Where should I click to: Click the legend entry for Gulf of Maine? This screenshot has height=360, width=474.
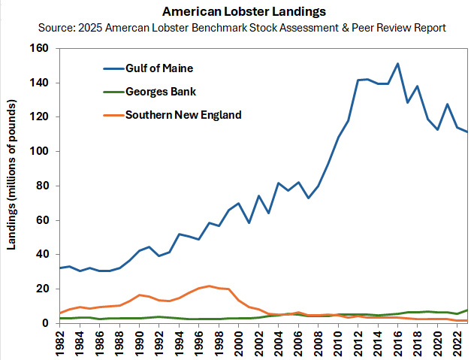point(159,68)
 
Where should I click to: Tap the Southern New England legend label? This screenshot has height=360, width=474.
point(183,115)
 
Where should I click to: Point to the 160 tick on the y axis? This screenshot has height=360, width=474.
point(38,48)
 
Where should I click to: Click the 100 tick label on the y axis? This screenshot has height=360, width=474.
point(38,151)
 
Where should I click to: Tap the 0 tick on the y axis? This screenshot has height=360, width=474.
point(44,323)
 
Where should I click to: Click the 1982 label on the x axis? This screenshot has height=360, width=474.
point(60,342)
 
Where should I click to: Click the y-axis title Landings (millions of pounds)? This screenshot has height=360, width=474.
point(13,185)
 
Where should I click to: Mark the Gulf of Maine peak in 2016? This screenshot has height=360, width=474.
point(397,64)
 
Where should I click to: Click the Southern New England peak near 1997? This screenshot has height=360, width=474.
point(209,286)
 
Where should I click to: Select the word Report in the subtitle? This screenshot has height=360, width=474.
point(427,28)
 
